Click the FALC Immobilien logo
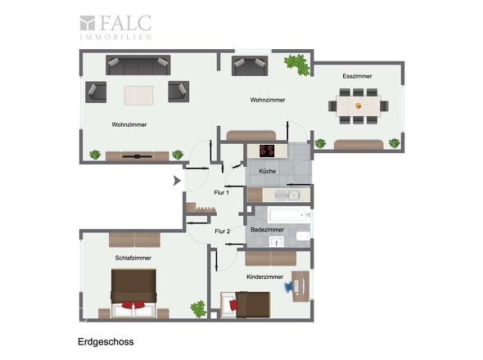(x=115, y=27)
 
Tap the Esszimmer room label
(x=357, y=76)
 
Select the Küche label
(x=267, y=171)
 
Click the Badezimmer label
(x=267, y=229)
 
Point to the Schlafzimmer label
(x=133, y=258)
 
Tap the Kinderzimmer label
(x=264, y=277)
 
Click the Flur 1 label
(x=222, y=192)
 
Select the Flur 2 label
(x=223, y=231)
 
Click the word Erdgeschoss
(x=106, y=342)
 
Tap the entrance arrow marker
(x=177, y=181)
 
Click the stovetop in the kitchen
(x=267, y=151)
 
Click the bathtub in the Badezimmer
(x=289, y=215)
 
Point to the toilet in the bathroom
(x=303, y=236)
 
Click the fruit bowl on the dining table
(x=359, y=106)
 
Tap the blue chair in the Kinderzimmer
(x=289, y=286)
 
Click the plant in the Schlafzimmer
(x=198, y=309)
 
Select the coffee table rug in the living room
(x=138, y=96)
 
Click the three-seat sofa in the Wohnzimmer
(x=138, y=65)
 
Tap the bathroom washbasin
(x=277, y=241)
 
